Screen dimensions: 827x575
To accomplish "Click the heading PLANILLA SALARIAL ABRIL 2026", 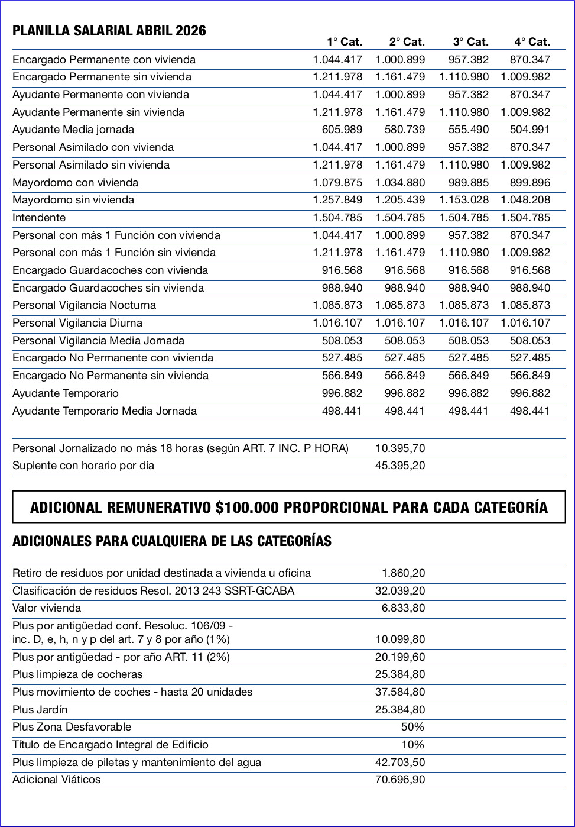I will pos(109,31).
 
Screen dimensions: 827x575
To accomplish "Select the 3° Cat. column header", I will pos(470,42).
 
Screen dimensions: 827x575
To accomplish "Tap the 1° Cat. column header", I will pos(344,42).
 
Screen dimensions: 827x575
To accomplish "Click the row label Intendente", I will pos(39,218).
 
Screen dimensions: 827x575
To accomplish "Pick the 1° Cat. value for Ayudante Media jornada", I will pos(342,130).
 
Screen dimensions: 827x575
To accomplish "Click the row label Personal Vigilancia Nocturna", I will pos(84,305).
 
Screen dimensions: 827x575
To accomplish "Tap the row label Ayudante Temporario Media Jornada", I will pos(105,411).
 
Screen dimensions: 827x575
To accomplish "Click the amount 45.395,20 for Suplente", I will pos(399,466).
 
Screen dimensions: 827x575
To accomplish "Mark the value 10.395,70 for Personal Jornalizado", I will pos(399,448).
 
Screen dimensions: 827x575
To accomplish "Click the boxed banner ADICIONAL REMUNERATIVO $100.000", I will pos(288,508).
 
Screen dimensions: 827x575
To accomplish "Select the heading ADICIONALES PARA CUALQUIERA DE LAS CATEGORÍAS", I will pos(172,541).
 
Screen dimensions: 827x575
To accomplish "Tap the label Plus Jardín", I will pos(40,710).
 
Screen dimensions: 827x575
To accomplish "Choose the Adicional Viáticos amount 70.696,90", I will pos(399,780).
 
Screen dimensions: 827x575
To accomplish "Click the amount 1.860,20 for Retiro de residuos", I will pos(403,573).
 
